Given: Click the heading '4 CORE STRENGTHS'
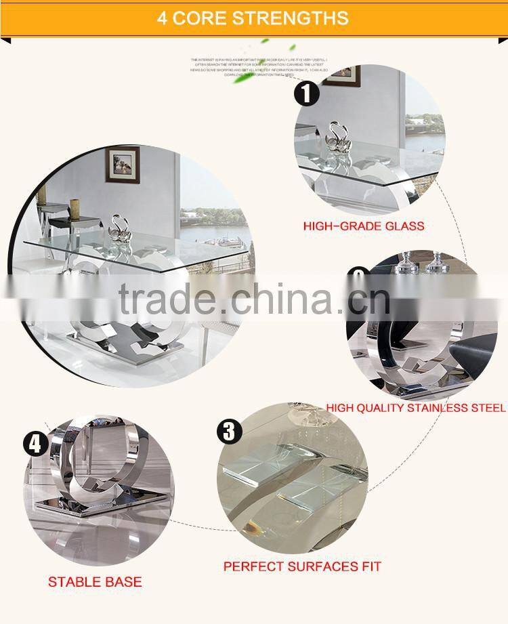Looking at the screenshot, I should [253, 18].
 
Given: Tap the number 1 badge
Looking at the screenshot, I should [307, 92].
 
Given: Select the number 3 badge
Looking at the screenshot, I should [229, 431].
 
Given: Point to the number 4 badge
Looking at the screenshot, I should [37, 444].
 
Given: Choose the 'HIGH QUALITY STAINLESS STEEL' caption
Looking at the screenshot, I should [416, 408].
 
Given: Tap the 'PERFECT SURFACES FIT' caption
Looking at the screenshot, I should [302, 566].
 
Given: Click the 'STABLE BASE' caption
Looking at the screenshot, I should [95, 581].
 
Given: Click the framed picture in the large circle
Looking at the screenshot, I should [123, 166].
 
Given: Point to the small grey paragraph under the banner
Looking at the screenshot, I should [259, 65].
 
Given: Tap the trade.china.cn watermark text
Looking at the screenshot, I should [254, 298].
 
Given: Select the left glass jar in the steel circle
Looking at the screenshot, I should [406, 263].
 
